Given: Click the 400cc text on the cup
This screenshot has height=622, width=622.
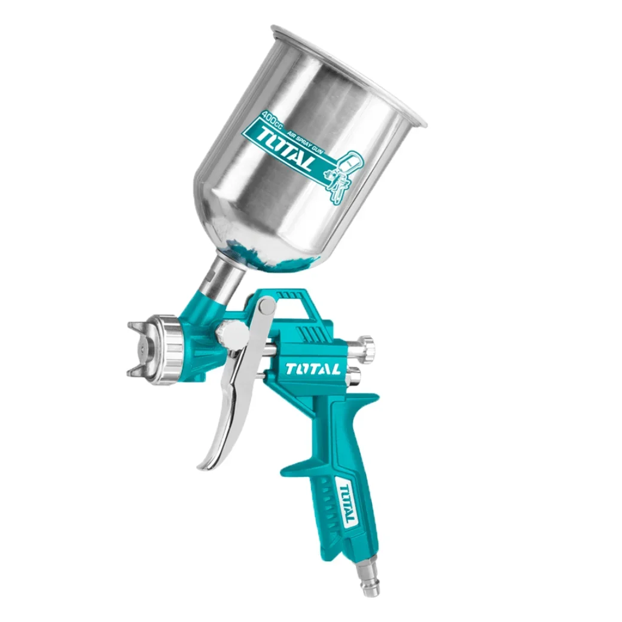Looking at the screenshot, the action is pyautogui.click(x=270, y=119).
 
